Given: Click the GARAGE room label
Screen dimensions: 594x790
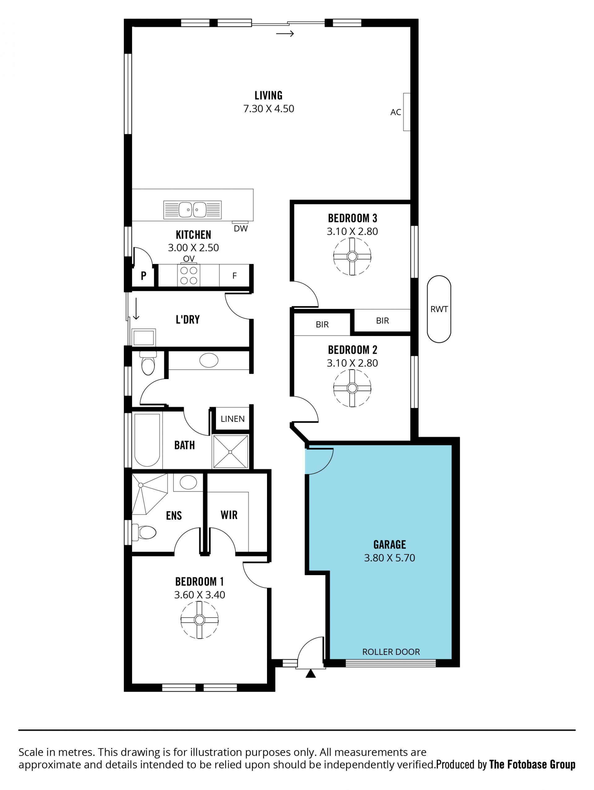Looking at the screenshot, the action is point(389,544).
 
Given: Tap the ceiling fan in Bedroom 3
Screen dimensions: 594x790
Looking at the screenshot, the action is point(352,256).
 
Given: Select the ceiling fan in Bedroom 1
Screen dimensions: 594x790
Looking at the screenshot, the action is point(200,620).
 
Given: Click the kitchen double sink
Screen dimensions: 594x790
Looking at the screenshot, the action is point(192,210).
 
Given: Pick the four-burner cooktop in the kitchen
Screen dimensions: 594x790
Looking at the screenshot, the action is point(189,275).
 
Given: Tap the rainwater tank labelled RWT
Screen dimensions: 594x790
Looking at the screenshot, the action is point(439,309).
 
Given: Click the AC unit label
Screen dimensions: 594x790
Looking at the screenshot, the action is point(396,112).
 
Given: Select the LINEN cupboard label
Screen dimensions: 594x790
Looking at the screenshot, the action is point(233,419).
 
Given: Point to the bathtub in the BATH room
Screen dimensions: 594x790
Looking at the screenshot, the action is point(147,440).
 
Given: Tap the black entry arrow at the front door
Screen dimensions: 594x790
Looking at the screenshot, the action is point(311,673).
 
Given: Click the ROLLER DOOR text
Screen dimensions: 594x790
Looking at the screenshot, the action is point(391,652).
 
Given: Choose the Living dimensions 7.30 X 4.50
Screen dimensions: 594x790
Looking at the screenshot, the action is point(269,109).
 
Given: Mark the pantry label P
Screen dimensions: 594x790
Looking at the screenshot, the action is point(143,275).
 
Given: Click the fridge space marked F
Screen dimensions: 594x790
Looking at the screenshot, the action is point(235,275).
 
